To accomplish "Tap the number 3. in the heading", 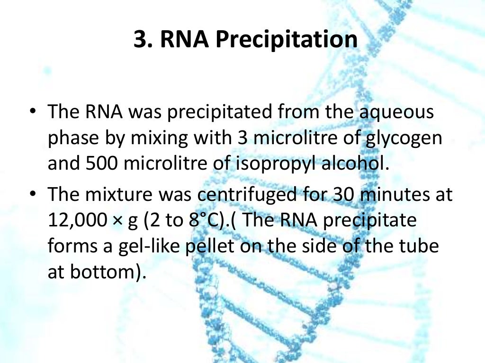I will click(144, 40).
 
